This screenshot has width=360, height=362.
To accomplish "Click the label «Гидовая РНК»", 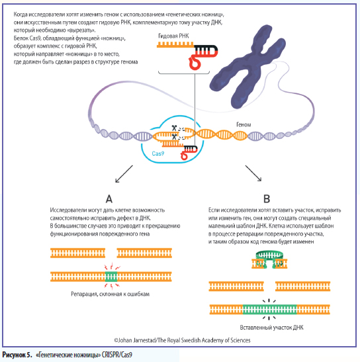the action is (x=173, y=36).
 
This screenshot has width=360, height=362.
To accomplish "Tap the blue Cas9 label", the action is (x=158, y=154).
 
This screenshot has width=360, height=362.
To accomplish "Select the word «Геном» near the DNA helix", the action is (x=244, y=124).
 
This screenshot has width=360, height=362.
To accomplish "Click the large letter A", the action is (x=109, y=199).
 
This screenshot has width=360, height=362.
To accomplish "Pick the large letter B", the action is (x=267, y=199).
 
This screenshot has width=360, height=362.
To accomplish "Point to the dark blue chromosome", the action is (x=247, y=67).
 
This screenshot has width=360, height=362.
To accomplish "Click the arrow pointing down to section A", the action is (x=124, y=174).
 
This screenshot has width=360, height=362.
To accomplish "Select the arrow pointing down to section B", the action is (x=253, y=173).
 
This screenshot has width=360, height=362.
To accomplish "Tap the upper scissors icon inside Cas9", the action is (x=174, y=128).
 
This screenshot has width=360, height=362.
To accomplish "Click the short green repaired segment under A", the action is (x=111, y=277).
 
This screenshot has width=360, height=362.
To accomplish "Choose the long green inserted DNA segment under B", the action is (x=269, y=310).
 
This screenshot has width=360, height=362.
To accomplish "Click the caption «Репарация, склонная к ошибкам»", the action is (x=110, y=294).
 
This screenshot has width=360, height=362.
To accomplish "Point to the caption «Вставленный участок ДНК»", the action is (x=271, y=328).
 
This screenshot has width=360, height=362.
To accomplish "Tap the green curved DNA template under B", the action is (x=269, y=255).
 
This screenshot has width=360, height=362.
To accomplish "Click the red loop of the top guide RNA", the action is (x=194, y=62).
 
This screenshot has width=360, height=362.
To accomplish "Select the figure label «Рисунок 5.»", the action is (x=17, y=355).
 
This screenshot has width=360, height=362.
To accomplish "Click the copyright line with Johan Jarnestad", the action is (x=182, y=340).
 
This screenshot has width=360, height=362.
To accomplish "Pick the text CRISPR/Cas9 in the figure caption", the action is (x=117, y=355).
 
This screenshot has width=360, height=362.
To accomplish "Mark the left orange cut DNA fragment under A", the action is (x=78, y=253).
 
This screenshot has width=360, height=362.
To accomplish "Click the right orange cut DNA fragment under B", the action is (x=302, y=287).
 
